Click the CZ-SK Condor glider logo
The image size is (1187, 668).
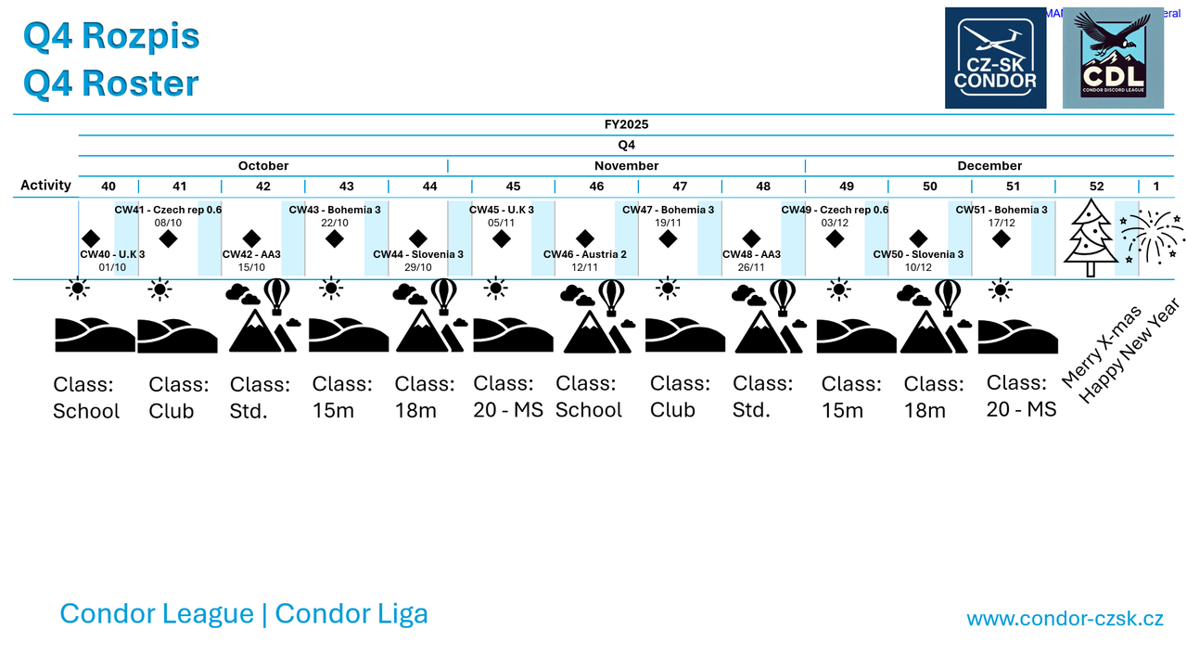(995, 58)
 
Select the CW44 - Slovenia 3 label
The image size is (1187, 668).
(418, 254)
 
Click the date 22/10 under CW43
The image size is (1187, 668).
(335, 223)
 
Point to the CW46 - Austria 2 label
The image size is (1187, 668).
(585, 254)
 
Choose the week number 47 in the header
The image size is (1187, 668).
(680, 186)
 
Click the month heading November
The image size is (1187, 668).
(626, 166)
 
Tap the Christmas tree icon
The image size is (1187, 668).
(1090, 238)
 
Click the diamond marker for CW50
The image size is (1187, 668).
(918, 238)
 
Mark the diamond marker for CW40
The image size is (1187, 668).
(91, 238)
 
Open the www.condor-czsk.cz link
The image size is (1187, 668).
(1065, 619)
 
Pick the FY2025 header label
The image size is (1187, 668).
(626, 124)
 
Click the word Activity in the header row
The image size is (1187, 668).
(45, 186)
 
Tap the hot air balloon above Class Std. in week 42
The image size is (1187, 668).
(277, 296)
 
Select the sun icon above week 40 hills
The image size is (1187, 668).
(78, 289)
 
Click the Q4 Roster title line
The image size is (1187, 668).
(111, 83)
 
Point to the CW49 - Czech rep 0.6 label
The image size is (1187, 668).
(835, 210)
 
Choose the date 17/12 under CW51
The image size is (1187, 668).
(1002, 223)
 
